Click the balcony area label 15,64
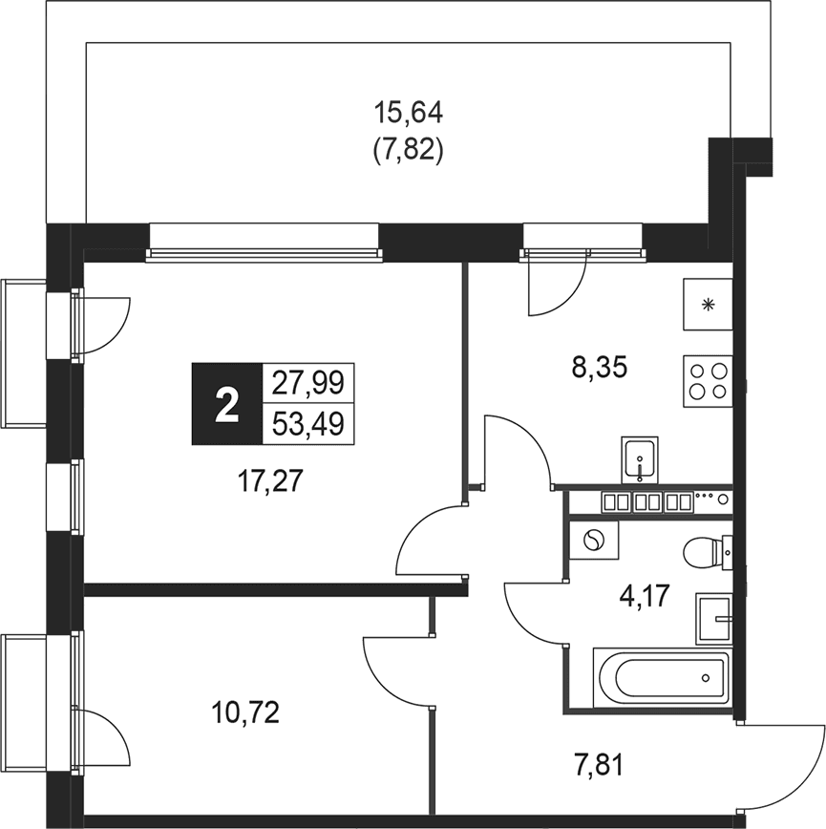point(408,114)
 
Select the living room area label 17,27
point(270,481)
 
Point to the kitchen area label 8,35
point(599,368)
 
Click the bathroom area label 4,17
point(645,596)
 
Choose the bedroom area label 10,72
point(245,712)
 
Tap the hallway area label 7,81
point(598,766)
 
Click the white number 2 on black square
point(226,404)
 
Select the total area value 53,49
point(307,423)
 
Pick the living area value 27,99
point(307,382)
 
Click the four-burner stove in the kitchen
point(708,381)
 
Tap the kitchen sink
point(640,460)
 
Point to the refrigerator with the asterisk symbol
point(708,305)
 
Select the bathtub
point(661,677)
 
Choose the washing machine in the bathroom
point(594,540)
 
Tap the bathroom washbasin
point(714,619)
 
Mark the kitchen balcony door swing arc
point(572,298)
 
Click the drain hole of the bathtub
point(705,678)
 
